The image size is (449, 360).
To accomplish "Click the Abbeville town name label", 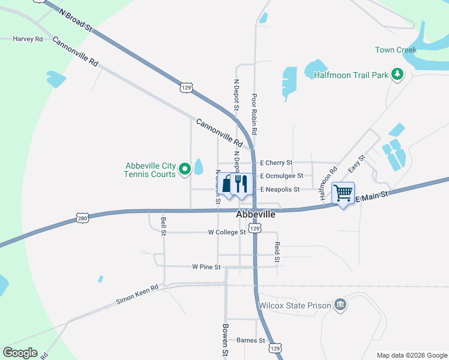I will pos(256,215).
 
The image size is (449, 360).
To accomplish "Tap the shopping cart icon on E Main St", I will pos(343,193).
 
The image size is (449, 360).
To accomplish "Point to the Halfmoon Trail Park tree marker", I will pos(397,74).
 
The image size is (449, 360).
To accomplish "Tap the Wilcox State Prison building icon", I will pos(340,305).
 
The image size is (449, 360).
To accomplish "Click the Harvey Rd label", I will pos(28,39).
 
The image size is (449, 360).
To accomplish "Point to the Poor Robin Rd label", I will pos(255,114).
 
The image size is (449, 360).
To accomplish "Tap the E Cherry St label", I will pos(276,163).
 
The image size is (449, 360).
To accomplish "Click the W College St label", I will pos(227,232).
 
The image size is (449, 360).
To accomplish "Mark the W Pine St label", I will pos(206,266).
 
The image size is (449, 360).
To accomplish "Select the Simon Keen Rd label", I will pos(137,293).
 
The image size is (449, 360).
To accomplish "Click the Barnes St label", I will pos(250,340).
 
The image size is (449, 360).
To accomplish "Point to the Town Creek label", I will pos(396,50).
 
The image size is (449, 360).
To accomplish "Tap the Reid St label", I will pos(277,252).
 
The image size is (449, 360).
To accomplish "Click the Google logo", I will pos(20,353).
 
